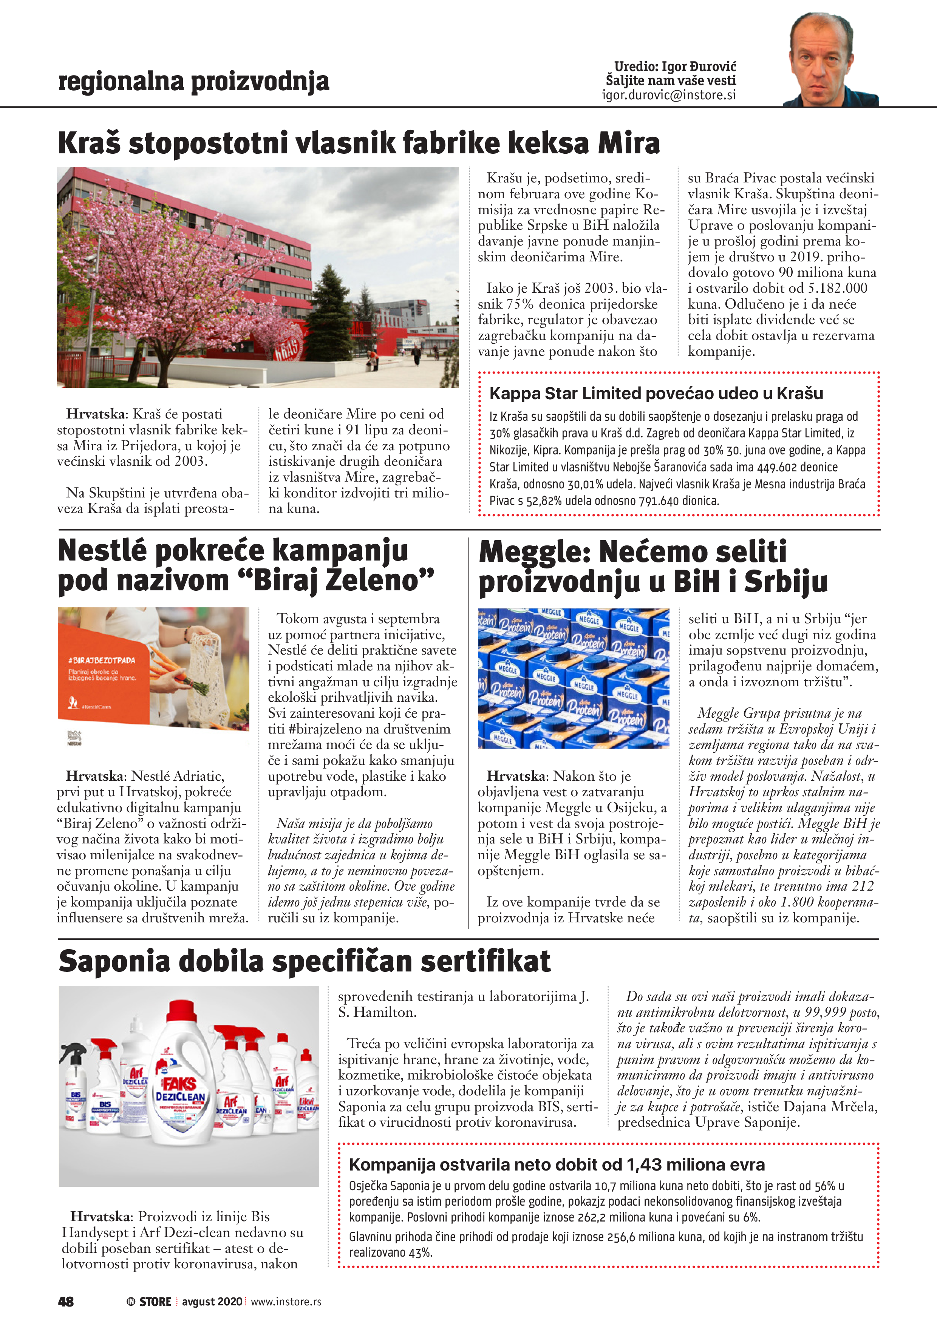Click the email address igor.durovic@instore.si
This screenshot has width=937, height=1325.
(x=668, y=95)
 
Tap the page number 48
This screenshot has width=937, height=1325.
(x=66, y=1301)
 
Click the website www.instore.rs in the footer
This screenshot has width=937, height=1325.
(x=286, y=1301)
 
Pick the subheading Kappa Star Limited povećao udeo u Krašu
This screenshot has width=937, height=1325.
(x=656, y=394)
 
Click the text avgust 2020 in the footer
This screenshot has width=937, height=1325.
(x=212, y=1301)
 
